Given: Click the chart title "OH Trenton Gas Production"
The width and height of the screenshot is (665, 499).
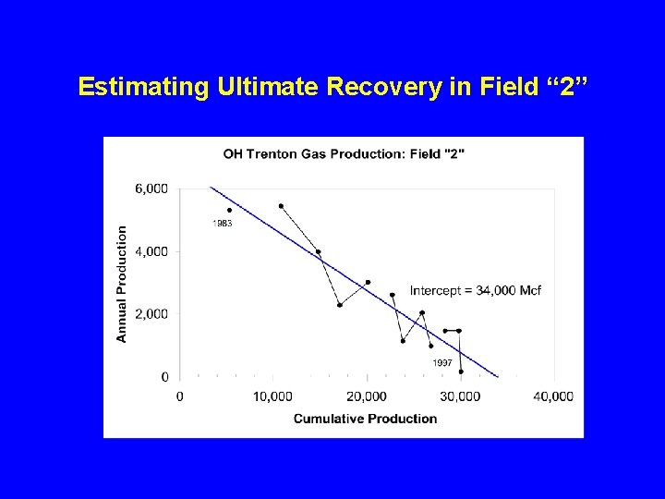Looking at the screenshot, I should pos(344,153).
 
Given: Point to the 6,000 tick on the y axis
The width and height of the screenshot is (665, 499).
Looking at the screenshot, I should pos(151,189).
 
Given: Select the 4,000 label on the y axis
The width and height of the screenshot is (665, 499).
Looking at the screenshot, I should pos(151,251).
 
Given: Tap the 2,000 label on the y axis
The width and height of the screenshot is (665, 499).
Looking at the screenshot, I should pos(151,314).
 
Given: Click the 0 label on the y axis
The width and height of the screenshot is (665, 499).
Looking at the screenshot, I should pos(164,377).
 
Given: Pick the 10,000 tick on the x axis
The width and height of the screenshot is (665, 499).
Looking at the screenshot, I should pos(272,396).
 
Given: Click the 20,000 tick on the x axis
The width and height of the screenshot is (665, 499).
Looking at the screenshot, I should pos(367,396).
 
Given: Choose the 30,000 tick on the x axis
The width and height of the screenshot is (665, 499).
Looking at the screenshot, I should pos(460,396).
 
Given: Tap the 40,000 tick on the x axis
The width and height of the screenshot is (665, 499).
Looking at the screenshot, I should pos(554,396).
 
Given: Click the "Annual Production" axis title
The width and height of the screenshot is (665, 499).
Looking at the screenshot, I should pos(122,284).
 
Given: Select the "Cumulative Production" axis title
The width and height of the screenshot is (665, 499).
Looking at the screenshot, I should pos(365,419).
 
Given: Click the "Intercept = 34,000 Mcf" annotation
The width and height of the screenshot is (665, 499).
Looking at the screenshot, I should pos(475,291).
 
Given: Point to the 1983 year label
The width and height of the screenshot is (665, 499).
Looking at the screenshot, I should pos(223,224).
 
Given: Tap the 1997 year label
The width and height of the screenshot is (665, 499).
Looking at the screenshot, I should pos(442,363).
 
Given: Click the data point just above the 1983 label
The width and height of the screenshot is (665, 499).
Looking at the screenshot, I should pos(229,210).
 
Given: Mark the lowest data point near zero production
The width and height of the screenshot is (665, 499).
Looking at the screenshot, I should pos(461,371).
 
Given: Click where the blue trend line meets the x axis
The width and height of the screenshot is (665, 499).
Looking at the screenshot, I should pos(499,377).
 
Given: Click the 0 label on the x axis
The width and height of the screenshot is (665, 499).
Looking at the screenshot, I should pos(179,396).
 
